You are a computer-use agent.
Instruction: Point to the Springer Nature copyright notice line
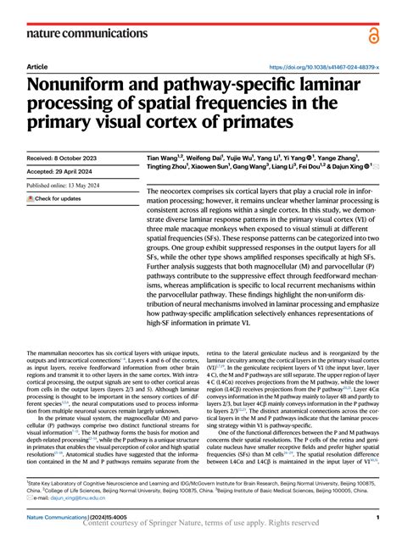coord(201,525)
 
